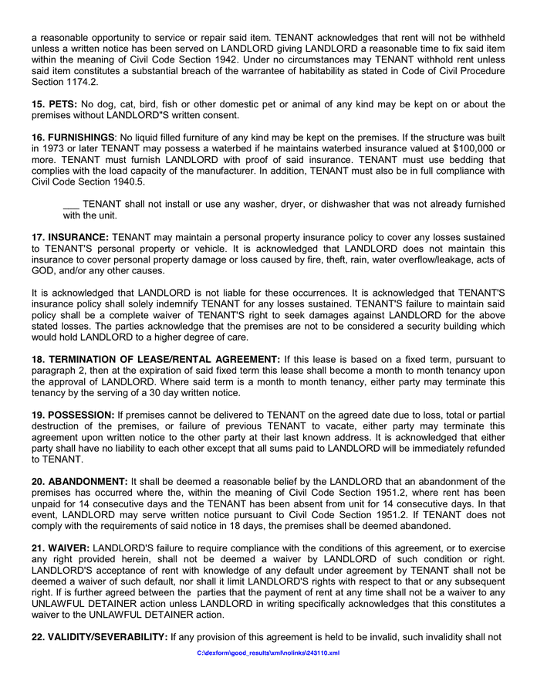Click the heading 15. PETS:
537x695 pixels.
[55, 104]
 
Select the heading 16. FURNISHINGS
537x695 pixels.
[73, 137]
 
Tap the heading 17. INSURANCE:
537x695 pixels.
[71, 237]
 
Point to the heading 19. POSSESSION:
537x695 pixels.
[73, 415]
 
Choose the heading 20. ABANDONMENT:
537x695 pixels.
[80, 481]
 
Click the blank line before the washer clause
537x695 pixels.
[71, 204]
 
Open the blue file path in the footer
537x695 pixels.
[268, 653]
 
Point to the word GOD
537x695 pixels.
[45, 270]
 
